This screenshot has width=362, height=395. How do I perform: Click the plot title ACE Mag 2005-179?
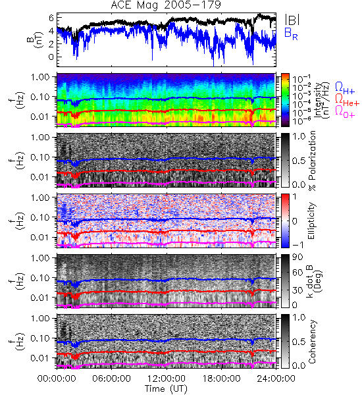[166, 5]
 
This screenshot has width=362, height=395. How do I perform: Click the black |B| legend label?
[292, 20]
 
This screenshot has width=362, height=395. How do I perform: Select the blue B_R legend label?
[291, 34]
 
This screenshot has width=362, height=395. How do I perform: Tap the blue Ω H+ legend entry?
[345, 88]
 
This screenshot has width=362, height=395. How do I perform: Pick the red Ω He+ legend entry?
[347, 99]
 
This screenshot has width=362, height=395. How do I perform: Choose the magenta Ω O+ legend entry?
[345, 111]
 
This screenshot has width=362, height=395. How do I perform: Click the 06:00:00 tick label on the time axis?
[112, 379]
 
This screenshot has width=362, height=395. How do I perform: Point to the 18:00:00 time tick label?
[221, 379]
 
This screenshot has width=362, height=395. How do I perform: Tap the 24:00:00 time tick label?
[276, 379]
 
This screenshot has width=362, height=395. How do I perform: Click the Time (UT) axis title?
[166, 388]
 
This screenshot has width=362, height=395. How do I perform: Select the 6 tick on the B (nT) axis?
[51, 18]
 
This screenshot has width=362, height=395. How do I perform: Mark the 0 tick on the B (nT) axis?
[51, 57]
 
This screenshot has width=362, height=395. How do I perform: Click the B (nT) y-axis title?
[36, 39]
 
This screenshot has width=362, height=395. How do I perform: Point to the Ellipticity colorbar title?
[311, 221]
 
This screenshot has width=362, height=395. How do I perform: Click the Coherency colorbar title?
[312, 342]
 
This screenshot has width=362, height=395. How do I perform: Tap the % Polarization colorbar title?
[312, 161]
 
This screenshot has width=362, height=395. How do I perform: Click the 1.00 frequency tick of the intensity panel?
[41, 77]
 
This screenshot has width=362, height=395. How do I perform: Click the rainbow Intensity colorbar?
[285, 100]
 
